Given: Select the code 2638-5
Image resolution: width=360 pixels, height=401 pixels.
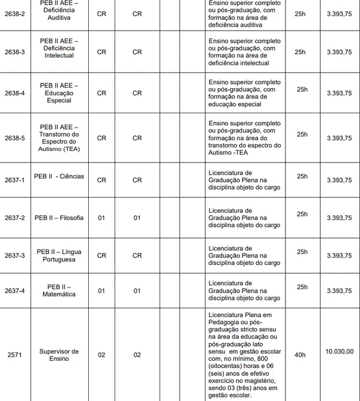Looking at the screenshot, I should tap(14, 137).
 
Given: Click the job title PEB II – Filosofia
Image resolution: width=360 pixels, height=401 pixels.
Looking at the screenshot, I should tap(59, 217).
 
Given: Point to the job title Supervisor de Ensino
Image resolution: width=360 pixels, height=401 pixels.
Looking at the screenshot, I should tap(59, 355).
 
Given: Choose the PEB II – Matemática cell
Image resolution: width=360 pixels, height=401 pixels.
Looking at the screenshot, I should tap(59, 291).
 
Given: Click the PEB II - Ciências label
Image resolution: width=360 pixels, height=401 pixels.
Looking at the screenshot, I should tap(59, 177).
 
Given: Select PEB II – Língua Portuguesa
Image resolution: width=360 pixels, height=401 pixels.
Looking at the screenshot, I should tap(59, 255).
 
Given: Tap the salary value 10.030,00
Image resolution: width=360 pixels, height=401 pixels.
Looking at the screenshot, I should tap(339, 351).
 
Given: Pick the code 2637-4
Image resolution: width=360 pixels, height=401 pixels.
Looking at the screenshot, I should tap(14, 291).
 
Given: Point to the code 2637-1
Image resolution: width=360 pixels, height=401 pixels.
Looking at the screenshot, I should tap(14, 180).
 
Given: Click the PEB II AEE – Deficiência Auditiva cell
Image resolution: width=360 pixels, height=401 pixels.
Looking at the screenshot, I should tap(59, 10).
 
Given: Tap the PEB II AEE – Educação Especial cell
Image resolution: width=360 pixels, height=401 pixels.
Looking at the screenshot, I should tap(59, 93).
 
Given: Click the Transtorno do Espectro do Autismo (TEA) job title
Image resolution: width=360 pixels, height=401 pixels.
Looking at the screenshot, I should tap(59, 137).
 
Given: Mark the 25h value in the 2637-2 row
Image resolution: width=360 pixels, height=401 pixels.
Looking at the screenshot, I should tap(302, 214).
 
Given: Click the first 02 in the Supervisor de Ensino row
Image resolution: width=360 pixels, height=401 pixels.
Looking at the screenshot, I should tap(101, 355).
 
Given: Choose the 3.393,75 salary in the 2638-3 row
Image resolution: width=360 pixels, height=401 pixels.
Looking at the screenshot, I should tap(339, 52).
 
